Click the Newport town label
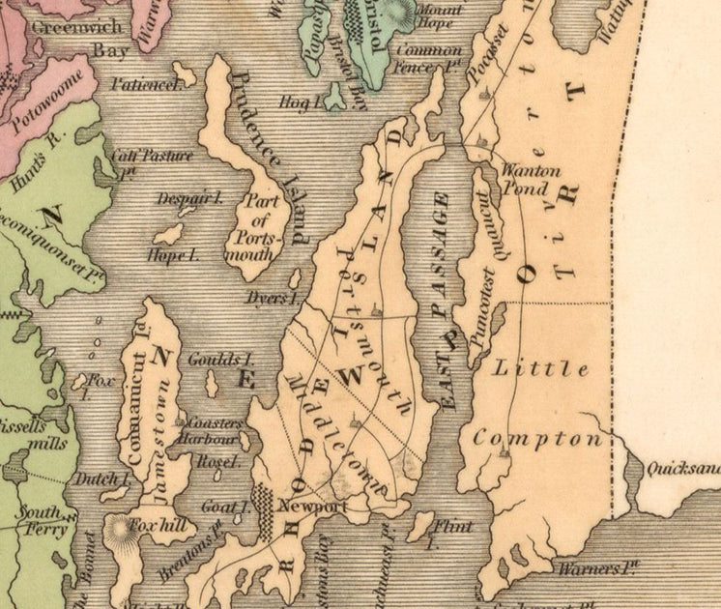point(312,506)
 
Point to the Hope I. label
point(174,256)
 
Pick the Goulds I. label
point(214,359)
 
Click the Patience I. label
point(146,84)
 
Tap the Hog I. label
point(294,99)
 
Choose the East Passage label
point(444,301)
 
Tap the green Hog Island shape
point(334,96)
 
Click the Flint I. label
point(453,533)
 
